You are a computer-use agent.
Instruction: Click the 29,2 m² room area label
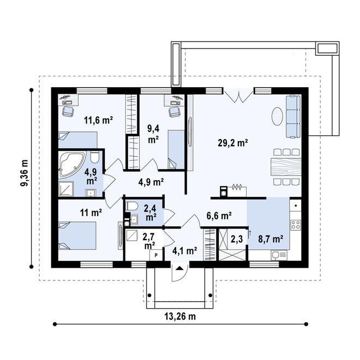(233, 143)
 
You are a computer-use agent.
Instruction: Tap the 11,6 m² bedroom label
(98, 119)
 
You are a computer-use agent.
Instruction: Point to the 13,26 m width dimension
(181, 317)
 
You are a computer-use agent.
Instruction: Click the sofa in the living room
(293, 116)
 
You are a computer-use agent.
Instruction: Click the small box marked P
(156, 255)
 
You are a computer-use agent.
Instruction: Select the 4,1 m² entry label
(184, 251)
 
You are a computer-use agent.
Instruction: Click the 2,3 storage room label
(237, 238)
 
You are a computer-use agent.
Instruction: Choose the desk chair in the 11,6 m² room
(68, 111)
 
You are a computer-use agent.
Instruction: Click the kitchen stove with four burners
(296, 224)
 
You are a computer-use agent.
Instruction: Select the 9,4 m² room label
(153, 134)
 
